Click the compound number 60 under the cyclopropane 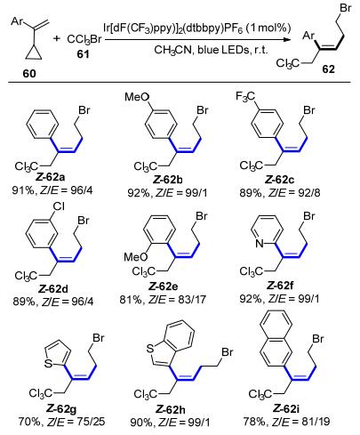(29, 73)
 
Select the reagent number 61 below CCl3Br (83, 54)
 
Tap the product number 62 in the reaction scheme (328, 68)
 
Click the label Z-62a (51, 177)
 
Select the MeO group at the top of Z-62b (137, 97)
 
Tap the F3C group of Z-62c (245, 97)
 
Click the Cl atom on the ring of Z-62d (59, 206)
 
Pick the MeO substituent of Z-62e (136, 256)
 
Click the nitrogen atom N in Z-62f (260, 244)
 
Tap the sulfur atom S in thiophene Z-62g (48, 363)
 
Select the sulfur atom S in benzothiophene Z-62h (150, 349)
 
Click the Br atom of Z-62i (318, 338)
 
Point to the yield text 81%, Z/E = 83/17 (163, 300)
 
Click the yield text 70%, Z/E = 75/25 (61, 422)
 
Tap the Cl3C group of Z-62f (252, 271)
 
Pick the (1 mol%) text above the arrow (268, 28)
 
